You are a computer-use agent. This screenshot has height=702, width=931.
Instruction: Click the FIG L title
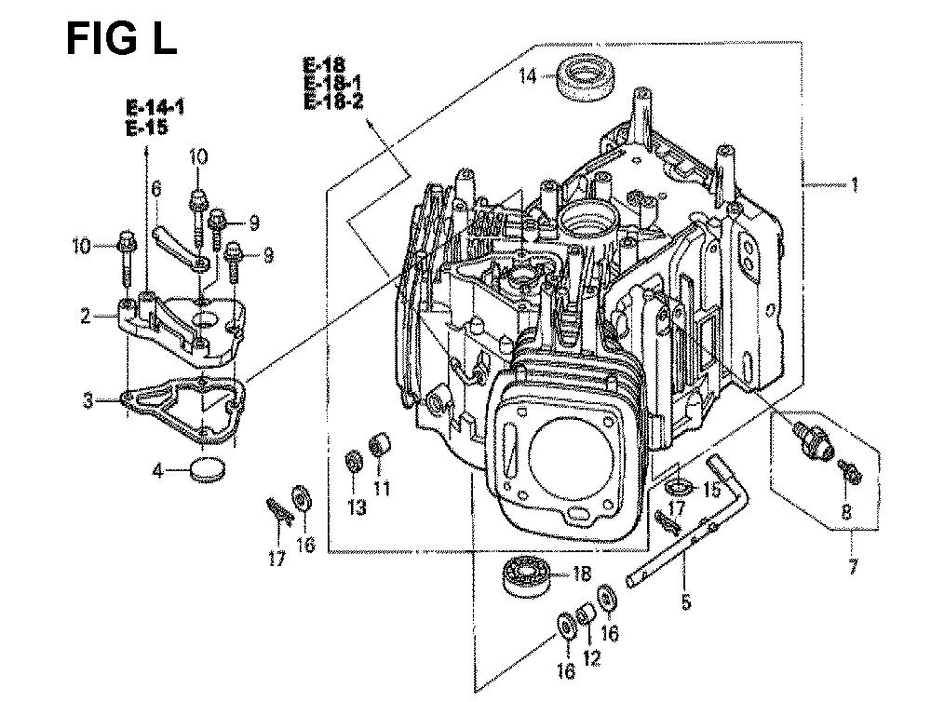[x=122, y=39]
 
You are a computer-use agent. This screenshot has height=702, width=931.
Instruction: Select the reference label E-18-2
[x=333, y=101]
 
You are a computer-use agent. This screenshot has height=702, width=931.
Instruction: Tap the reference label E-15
[x=147, y=128]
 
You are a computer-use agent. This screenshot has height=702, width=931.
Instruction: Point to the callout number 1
[x=855, y=184]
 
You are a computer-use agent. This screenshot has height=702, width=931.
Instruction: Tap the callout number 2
[x=86, y=316]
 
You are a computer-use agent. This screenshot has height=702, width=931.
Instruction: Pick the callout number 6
[x=156, y=189]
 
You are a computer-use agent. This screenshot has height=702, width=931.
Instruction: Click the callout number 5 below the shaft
[x=686, y=601]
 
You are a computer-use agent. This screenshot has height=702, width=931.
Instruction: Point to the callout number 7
[x=853, y=566]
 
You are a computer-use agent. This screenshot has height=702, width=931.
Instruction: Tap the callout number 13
[x=357, y=506]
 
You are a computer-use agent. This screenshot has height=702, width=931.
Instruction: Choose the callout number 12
[x=592, y=657]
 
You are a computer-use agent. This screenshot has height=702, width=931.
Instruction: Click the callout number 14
[x=528, y=76]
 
